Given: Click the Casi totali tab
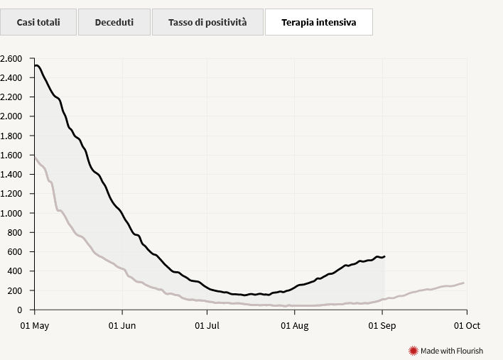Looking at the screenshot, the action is tap(38, 22).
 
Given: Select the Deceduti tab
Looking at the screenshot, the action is tap(114, 22).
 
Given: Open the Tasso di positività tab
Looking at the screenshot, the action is tap(207, 22).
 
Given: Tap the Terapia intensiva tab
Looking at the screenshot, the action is tap(319, 22).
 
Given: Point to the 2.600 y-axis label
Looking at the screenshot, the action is tap(11, 59).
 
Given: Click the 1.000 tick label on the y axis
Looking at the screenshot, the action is tap(11, 213).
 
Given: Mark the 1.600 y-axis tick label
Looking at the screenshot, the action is tap(11, 156).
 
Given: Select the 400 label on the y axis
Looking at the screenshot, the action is tap(15, 271).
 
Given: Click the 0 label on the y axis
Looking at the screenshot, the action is tap(20, 310).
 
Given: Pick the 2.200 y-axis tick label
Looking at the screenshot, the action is tap(11, 97).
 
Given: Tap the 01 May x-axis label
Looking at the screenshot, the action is tap(35, 326).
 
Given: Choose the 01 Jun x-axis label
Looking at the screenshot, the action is tap(122, 326).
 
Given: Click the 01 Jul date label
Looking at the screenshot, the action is tap(207, 326).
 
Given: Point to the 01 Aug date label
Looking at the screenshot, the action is tap(295, 326).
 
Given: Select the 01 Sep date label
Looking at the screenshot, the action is tap(382, 326).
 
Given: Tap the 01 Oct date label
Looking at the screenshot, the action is tap(467, 326).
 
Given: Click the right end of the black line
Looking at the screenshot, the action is tap(384, 256).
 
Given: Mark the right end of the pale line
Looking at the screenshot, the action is tap(463, 283).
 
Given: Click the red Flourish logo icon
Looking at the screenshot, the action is tap(413, 351).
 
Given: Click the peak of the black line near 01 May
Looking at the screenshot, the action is tap(37, 65).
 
